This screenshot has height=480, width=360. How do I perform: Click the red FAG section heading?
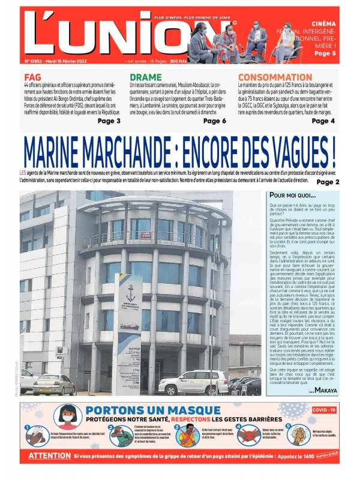point(33,77)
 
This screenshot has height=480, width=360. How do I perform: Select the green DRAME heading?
point(146,77)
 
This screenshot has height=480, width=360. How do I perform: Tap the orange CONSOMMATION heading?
point(278,77)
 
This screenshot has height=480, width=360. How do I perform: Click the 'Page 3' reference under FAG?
point(109,121)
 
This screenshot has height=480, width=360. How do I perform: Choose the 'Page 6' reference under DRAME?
point(215,121)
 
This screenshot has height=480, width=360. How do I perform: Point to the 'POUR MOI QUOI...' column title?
point(293,196)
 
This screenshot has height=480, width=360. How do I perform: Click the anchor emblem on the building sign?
point(131,294)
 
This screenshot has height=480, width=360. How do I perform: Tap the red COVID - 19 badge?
point(324,409)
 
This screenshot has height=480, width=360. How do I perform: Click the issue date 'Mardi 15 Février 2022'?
point(73,61)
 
